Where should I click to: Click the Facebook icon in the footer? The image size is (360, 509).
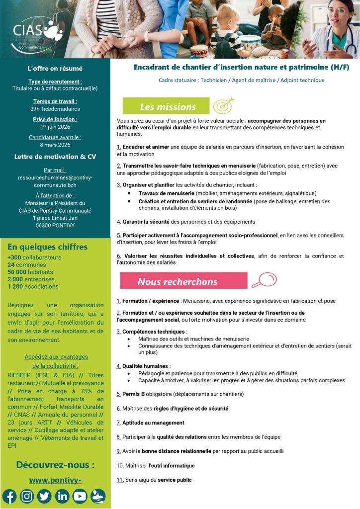click(x=9, y=496)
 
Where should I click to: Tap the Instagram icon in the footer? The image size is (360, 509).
click(x=27, y=496)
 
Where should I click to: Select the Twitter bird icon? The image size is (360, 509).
click(x=44, y=496)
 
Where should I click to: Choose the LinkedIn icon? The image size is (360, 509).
click(x=62, y=496)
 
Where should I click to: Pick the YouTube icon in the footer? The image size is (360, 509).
click(x=80, y=496)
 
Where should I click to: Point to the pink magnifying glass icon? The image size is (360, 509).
click(x=263, y=281)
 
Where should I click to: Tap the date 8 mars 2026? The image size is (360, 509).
click(x=55, y=145)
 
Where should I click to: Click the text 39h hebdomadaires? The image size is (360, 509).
click(x=55, y=109)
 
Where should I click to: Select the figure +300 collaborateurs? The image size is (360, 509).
click(x=34, y=257)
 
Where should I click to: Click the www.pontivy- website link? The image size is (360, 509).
click(x=55, y=480)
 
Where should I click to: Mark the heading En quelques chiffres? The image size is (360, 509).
click(x=47, y=247)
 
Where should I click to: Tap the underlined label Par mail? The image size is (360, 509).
click(x=55, y=170)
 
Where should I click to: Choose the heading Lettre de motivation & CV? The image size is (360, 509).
click(x=55, y=157)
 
